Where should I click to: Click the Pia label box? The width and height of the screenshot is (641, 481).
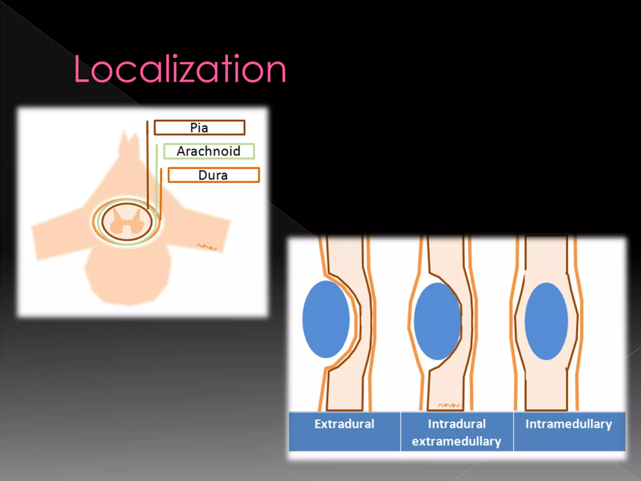click(199, 128)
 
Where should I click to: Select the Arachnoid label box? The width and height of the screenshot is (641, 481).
click(209, 151)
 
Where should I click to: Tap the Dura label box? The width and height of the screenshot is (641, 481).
click(213, 175)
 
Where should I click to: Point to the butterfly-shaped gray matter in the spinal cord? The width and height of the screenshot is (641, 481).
click(126, 222)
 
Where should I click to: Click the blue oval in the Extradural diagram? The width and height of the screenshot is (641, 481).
click(326, 319)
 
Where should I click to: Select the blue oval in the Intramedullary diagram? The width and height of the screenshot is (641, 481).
click(546, 321)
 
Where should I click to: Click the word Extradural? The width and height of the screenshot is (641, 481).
click(344, 424)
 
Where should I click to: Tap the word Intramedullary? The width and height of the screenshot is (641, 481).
click(568, 424)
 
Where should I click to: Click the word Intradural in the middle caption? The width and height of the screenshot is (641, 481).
click(457, 424)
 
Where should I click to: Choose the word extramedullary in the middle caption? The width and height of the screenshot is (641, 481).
click(457, 442)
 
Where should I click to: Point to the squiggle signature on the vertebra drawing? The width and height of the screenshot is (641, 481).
click(207, 247)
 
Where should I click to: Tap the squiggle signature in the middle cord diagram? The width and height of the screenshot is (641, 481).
click(449, 405)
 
